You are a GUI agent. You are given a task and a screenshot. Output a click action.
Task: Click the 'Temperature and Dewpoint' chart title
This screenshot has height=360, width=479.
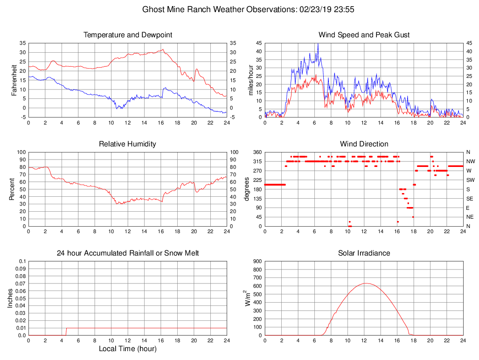pos(127,35)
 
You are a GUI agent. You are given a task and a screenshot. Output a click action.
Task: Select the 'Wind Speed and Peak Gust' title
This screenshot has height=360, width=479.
pos(364,35)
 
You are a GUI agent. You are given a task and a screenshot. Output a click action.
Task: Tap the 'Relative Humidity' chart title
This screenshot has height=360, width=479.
pos(127,144)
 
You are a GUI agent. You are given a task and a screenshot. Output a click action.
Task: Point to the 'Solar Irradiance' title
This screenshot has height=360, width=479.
pos(364,253)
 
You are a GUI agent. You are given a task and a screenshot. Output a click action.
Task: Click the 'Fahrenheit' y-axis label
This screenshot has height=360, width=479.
pos(14,80)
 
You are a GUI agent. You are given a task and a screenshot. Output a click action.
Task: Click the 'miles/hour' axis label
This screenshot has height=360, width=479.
pos(251,80)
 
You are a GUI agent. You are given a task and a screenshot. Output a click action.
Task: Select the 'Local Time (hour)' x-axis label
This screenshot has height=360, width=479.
pos(127,349)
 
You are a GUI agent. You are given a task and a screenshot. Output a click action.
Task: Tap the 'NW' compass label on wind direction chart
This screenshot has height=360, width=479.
pos(470,161)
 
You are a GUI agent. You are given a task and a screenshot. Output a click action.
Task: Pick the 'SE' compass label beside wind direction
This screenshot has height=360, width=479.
pos(470,199)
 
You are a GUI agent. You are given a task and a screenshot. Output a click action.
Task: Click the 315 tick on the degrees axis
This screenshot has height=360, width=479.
pos(257,161)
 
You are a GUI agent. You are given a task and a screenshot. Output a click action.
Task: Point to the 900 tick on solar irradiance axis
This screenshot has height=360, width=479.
pos(257,262)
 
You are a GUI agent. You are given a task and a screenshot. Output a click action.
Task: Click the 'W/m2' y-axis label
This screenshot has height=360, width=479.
pos(246,298)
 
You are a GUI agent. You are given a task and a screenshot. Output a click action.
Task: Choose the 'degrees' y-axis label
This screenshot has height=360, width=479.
pos(246,189)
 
